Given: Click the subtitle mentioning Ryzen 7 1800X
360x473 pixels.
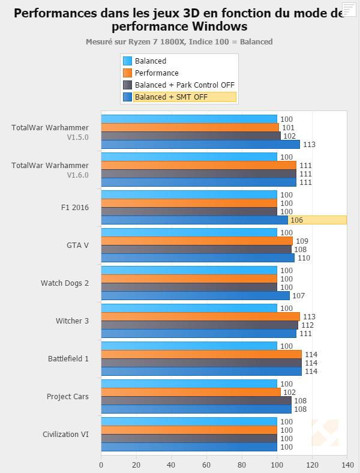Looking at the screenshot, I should (x=179, y=42).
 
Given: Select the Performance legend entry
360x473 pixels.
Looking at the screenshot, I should (x=157, y=73).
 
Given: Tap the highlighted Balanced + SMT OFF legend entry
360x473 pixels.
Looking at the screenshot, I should (x=171, y=97).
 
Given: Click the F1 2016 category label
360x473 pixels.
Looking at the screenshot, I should (x=75, y=208).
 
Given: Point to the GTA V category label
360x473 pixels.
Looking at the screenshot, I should (x=77, y=246).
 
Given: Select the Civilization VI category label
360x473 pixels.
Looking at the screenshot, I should (x=65, y=435).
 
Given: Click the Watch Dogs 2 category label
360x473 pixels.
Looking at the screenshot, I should (x=65, y=283).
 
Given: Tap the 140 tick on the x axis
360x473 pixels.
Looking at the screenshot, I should (x=347, y=465).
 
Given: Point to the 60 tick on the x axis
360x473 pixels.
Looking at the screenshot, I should (x=206, y=465).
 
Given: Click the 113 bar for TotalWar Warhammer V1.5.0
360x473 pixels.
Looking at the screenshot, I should (x=200, y=145).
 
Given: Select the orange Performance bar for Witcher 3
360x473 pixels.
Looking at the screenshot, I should (x=200, y=317).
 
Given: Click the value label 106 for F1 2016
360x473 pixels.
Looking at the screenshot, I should (x=296, y=220).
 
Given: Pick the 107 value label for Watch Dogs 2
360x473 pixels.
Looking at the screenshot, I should (x=298, y=296).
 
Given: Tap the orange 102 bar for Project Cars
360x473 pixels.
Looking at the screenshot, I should (x=191, y=393).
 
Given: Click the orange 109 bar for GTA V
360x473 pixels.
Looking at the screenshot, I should (x=197, y=241).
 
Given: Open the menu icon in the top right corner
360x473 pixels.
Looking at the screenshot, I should (x=349, y=10).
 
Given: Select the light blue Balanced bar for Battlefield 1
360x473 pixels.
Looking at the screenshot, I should (x=189, y=346).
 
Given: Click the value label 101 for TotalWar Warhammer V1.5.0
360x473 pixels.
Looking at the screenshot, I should (x=287, y=128).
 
